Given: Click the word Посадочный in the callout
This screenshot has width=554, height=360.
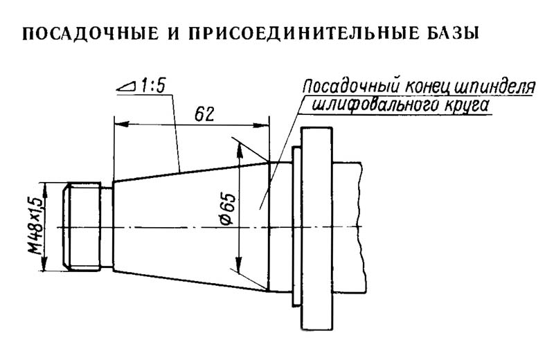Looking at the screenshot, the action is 342,89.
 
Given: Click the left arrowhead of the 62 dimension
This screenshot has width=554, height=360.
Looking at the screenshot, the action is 118,125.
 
